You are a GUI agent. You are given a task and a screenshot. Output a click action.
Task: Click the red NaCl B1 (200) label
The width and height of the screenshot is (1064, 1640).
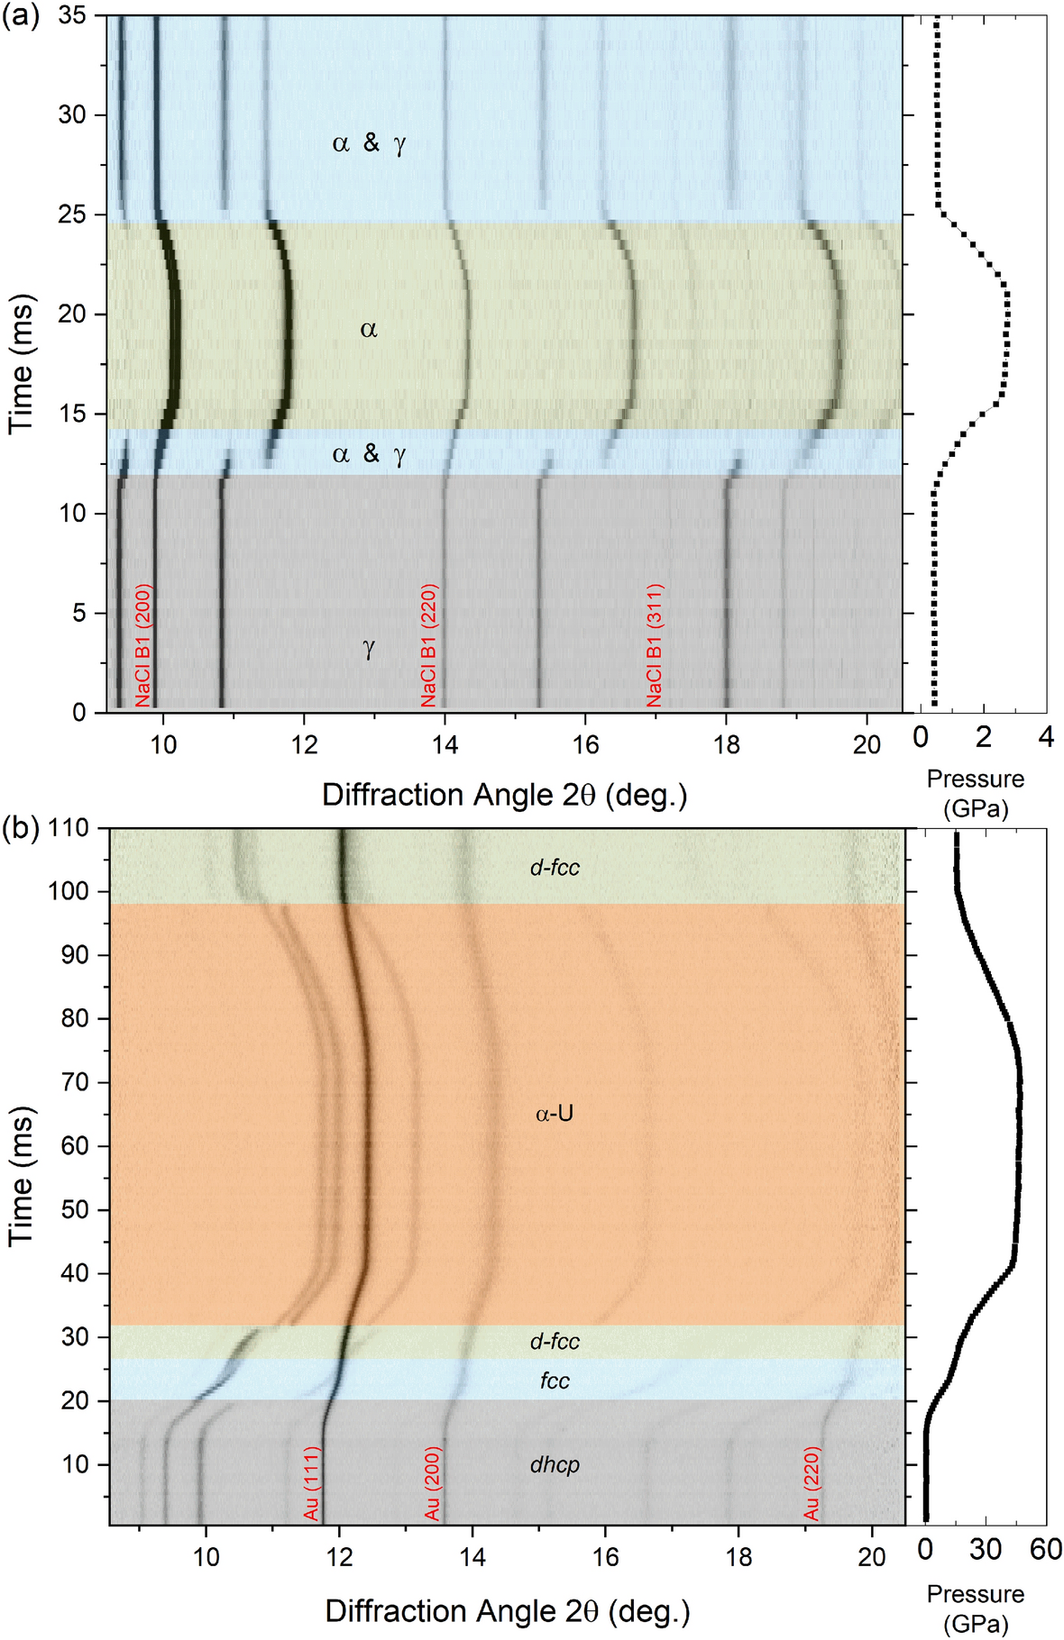143,645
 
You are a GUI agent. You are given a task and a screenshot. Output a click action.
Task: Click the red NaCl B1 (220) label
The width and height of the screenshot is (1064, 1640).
429,645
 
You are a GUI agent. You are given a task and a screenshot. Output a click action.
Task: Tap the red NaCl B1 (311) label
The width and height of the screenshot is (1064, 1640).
655,645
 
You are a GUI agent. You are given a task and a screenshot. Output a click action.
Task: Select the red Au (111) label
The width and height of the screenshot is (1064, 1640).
312,1484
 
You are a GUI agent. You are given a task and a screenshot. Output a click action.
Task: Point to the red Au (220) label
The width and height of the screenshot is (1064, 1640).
812,1484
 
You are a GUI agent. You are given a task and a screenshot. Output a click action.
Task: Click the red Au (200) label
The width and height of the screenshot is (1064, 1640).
433,1484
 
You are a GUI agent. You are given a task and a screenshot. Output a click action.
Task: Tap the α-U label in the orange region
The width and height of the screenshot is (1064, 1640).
555,1114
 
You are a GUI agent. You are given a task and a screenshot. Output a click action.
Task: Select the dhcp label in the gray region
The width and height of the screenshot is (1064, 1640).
555,1464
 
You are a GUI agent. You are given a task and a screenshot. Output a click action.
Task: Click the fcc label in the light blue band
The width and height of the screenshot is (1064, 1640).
555,1380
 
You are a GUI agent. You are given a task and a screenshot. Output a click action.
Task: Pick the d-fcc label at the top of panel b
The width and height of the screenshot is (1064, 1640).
555,868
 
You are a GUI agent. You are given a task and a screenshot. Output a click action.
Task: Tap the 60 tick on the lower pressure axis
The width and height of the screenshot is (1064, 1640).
1046,1549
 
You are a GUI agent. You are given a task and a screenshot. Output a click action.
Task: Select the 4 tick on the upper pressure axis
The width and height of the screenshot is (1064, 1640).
1046,737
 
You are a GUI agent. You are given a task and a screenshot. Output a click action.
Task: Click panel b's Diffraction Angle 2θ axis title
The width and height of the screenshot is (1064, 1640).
508,1610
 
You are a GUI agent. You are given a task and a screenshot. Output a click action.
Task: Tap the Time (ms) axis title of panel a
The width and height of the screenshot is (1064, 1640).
22,363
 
